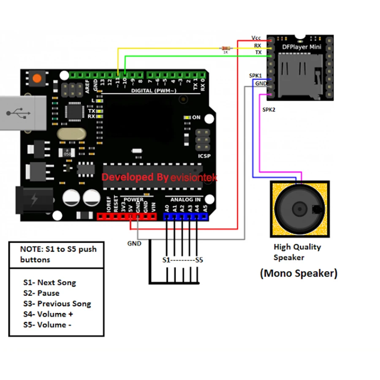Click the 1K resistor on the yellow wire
pyautogui.click(x=226, y=49)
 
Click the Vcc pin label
pyautogui.click(x=256, y=38)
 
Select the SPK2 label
pyautogui.click(x=269, y=109)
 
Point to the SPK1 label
pyautogui.click(x=255, y=76)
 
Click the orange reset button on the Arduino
pyautogui.click(x=38, y=78)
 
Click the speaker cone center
pyautogui.click(x=299, y=209)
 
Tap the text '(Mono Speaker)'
pyautogui.click(x=299, y=273)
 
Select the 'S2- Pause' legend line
pyautogui.click(x=41, y=293)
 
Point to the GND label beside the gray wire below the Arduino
pyautogui.click(x=134, y=244)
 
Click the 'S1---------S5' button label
pyautogui.click(x=183, y=260)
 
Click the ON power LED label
pyautogui.click(x=196, y=117)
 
